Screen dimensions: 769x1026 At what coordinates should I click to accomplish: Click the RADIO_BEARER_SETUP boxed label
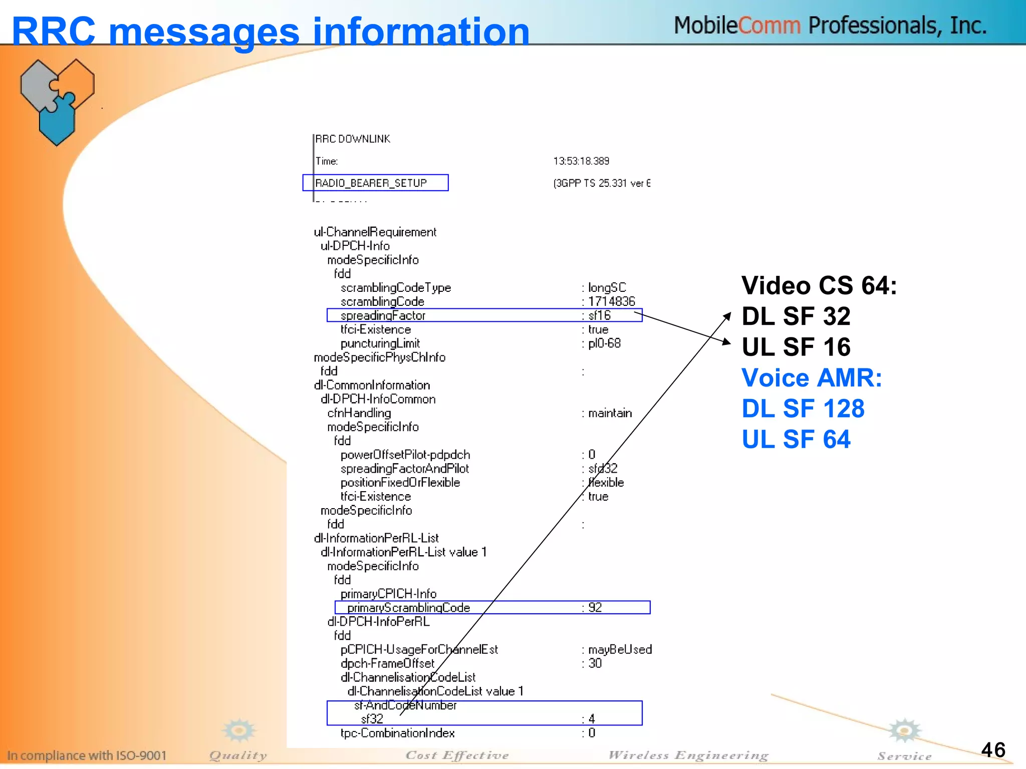pos(371,183)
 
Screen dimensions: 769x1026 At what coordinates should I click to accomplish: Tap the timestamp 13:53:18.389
pos(581,161)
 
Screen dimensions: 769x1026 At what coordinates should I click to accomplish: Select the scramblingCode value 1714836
pos(611,301)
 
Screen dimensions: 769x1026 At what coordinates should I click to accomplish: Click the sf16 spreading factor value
pos(599,315)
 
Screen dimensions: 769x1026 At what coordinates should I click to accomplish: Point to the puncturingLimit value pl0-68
pos(604,343)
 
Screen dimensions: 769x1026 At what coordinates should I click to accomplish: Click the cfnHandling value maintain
pos(610,413)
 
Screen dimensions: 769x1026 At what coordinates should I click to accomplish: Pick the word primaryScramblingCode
pos(408,608)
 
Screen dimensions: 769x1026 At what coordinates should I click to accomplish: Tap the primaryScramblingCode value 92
pos(595,608)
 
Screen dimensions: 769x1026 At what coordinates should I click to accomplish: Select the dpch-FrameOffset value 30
pos(595,663)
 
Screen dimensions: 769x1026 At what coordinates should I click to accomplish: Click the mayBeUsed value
pos(620,649)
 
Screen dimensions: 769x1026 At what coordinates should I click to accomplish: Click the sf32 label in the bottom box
pos(372,719)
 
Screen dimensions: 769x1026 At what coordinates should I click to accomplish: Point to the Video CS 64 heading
pos(819,286)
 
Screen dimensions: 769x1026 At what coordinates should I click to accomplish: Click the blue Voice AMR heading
pos(812,378)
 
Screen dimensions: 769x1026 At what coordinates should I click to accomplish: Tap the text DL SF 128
pos(803,409)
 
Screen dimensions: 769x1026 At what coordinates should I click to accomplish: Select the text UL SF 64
pos(796,440)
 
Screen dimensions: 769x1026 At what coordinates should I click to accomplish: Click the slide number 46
pos(993,750)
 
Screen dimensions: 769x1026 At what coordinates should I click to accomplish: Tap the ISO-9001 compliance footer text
pos(87,755)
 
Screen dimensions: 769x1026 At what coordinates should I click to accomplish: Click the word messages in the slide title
pos(204,32)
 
